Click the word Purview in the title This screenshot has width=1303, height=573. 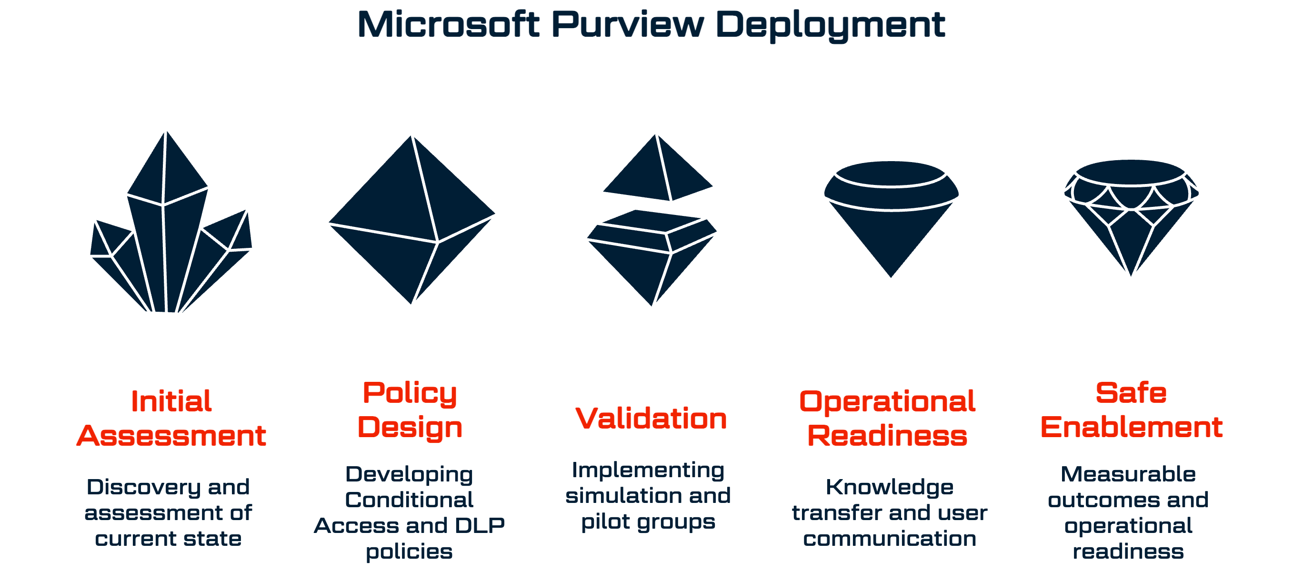pos(627,24)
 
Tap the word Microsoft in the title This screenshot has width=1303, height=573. pos(448,24)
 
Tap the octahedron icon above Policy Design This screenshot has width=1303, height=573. pos(412,220)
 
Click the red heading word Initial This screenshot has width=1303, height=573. pos(171,401)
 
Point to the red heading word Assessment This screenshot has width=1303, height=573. pos(171,436)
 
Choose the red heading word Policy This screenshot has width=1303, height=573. pos(410,393)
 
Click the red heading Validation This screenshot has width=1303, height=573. pos(651,419)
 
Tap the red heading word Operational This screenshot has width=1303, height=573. pos(887,401)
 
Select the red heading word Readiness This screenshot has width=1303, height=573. pos(887,436)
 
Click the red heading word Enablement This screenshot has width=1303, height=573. pos(1132,427)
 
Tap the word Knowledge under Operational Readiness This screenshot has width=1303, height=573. pos(890,487)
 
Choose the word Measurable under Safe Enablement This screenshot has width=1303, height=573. pos(1129,474)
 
